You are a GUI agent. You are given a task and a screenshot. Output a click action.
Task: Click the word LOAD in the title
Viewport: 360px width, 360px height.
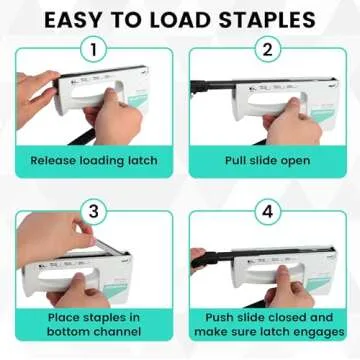tap(176, 19)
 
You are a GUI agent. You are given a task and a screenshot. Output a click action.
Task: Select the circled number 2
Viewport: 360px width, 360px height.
tap(268, 50)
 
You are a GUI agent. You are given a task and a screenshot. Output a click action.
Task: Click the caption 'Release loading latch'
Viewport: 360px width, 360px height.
tap(92, 160)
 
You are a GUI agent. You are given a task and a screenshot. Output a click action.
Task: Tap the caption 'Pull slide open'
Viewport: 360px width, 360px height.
tap(268, 160)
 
